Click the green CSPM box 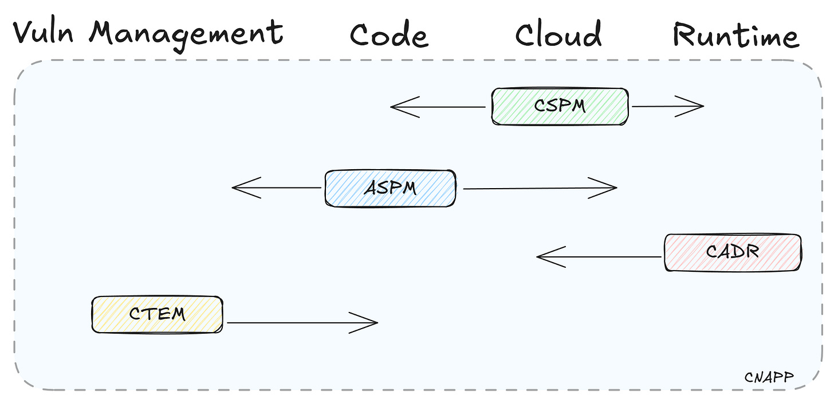560,106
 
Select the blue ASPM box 390,188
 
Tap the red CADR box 733,252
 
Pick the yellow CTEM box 157,314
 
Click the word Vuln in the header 43,33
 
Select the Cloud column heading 558,34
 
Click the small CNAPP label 769,377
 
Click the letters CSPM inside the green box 560,106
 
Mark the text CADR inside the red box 733,252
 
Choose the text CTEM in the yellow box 157,314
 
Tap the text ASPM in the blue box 390,188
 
